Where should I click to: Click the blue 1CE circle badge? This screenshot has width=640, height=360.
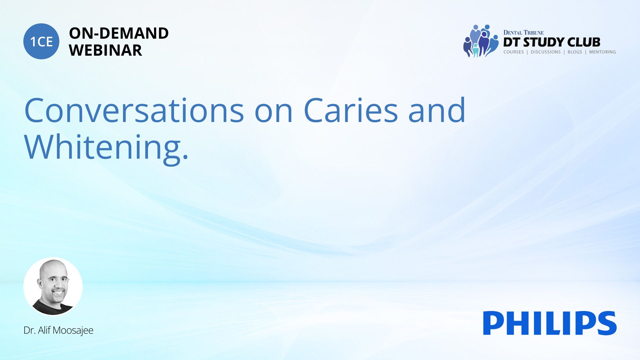click(41, 41)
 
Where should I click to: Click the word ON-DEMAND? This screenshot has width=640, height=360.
click(119, 33)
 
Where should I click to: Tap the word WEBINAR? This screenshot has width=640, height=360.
click(105, 50)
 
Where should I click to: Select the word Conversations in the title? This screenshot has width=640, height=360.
click(134, 110)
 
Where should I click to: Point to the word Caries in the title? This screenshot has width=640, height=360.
click(351, 110)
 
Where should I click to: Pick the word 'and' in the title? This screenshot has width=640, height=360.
click(437, 110)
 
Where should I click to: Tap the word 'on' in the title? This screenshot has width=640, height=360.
click(274, 113)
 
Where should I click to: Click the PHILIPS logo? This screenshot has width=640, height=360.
click(550, 323)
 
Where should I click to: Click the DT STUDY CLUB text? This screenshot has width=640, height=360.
click(552, 42)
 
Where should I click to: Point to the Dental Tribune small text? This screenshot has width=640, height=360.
click(523, 33)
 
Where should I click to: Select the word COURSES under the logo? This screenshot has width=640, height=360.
click(513, 52)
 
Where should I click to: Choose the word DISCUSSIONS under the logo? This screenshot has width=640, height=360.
click(546, 52)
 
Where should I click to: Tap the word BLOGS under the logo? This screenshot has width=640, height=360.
click(575, 52)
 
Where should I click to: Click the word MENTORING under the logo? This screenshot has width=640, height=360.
click(602, 52)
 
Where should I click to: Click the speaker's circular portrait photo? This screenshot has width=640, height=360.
click(53, 287)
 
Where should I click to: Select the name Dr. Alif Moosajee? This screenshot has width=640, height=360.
click(58, 330)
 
